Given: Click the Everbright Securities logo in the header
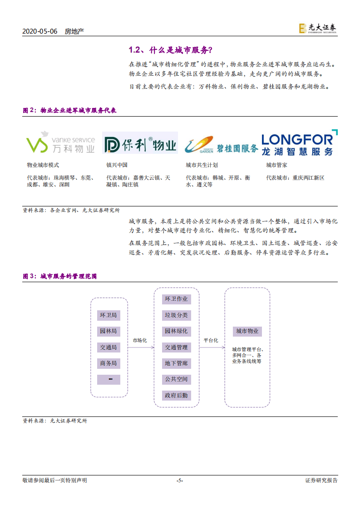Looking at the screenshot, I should [x=317, y=28].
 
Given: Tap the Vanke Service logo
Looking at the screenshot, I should [x=60, y=142].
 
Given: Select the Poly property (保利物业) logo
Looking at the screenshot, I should [x=139, y=145].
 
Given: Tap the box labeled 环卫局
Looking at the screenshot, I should [x=108, y=315].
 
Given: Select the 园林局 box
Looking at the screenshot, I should [x=108, y=331].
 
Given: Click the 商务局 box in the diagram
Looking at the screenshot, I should [x=108, y=363].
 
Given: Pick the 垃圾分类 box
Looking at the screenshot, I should [x=176, y=315].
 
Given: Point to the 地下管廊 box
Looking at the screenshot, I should [x=176, y=363].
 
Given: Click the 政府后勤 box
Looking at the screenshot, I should [x=176, y=395].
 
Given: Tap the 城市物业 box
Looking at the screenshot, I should [x=247, y=331].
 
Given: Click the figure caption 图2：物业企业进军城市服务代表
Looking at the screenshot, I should [x=69, y=110].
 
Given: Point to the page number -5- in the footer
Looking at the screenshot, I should [x=180, y=480].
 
